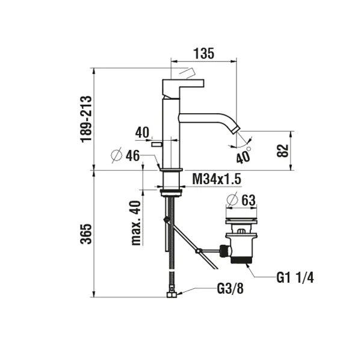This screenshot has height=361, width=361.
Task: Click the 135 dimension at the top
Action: pyautogui.click(x=204, y=54)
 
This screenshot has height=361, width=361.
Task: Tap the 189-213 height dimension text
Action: pyautogui.click(x=86, y=119)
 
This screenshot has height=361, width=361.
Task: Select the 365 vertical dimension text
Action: pyautogui.click(x=86, y=233)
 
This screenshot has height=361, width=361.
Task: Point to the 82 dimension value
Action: pyautogui.click(x=283, y=150)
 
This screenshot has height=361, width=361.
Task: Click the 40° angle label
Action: pyautogui.click(x=243, y=155)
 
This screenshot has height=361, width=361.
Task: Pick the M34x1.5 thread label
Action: pyautogui.click(x=217, y=179)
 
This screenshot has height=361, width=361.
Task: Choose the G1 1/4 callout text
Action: pyautogui.click(x=295, y=277)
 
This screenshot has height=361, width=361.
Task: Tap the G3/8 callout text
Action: pyautogui.click(x=230, y=288)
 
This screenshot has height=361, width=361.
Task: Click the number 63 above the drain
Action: pyautogui.click(x=248, y=200)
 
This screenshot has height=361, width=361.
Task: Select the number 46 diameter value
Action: pyautogui.click(x=133, y=156)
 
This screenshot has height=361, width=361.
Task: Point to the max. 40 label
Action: pyautogui.click(x=136, y=223)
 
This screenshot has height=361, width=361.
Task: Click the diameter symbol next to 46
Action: pyautogui.click(x=117, y=155)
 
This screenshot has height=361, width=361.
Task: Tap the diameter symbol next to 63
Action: pyautogui.click(x=232, y=199)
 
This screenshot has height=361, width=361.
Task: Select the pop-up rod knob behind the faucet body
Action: pyautogui.click(x=157, y=144)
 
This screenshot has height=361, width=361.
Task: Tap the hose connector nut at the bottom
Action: pyautogui.click(x=171, y=294)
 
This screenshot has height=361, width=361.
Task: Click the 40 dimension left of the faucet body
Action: pyautogui.click(x=142, y=132)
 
